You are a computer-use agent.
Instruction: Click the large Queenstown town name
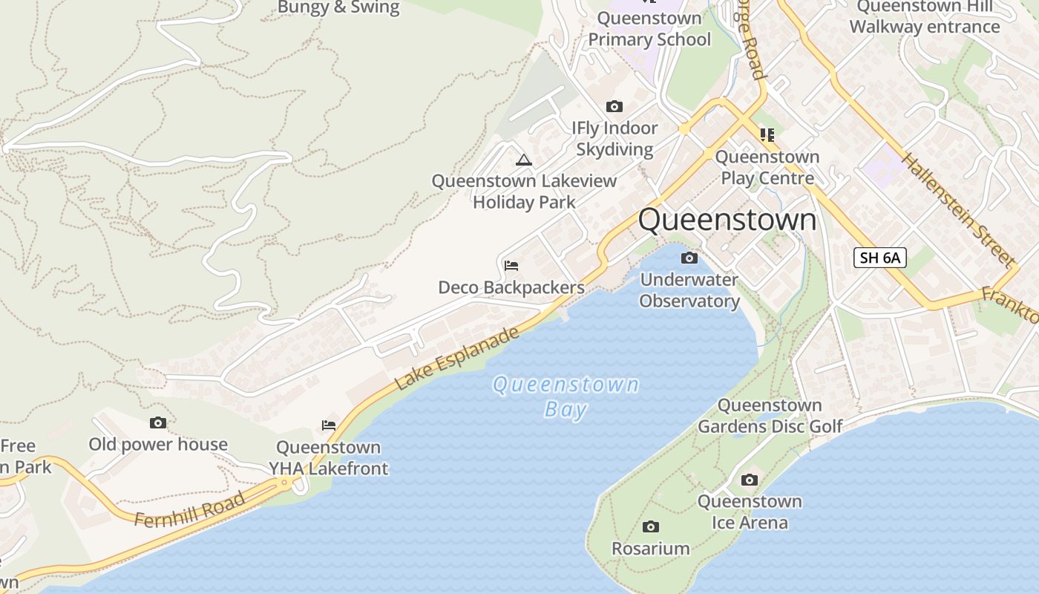point(727,220)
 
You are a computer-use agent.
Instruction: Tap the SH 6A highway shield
point(880,258)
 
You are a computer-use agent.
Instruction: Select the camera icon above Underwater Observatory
point(689,258)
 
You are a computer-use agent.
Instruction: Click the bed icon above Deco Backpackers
point(511,266)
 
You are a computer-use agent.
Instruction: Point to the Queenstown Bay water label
point(566,396)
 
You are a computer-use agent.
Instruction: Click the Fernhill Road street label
point(190,509)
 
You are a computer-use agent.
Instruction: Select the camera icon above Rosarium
point(651,527)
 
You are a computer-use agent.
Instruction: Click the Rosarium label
point(651,549)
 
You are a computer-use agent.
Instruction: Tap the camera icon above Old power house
point(158,423)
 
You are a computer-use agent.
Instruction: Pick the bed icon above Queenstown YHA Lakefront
point(329,425)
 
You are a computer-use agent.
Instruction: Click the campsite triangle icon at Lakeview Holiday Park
point(524,160)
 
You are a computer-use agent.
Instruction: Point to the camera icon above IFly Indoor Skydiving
point(614,107)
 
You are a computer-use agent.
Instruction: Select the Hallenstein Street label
point(957,209)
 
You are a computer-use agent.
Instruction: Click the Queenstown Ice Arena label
point(750,512)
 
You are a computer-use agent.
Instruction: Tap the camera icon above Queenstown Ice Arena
point(750,480)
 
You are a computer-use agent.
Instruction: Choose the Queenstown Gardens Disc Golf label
point(770,416)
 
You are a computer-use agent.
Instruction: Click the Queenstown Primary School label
point(649,29)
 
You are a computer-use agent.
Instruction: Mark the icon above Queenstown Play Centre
point(767,135)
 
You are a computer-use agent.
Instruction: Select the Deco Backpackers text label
point(511,287)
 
